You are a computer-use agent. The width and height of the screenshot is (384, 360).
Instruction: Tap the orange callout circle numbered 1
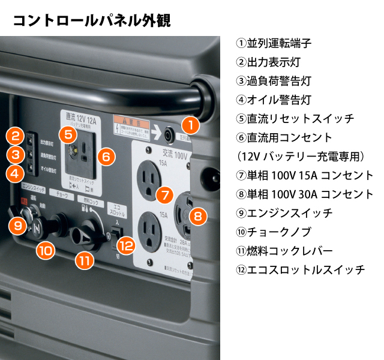point(190,125)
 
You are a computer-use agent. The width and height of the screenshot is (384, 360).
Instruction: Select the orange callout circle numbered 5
point(68,134)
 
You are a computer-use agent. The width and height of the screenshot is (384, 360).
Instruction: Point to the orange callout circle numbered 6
point(105,157)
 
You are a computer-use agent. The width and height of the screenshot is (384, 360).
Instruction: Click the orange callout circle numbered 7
point(163,194)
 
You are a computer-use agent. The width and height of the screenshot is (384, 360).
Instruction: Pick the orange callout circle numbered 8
point(199,215)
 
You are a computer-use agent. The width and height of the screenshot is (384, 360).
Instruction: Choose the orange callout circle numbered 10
point(46,250)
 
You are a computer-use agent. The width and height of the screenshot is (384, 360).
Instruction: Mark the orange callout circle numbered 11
point(86,260)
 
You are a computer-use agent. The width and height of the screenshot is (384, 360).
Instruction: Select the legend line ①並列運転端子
point(274,43)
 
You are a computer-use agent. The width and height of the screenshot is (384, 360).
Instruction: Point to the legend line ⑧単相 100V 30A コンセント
point(305,194)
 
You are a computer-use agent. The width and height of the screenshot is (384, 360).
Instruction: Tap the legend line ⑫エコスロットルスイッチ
point(301,269)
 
